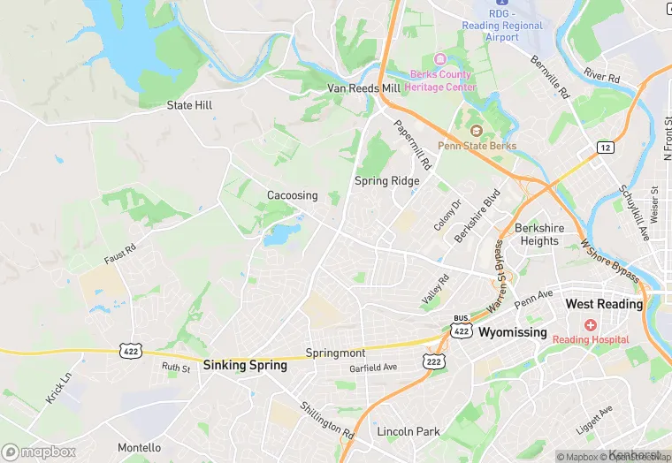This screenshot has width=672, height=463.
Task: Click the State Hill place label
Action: [x=189, y=105]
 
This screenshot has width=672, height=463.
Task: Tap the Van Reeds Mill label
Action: [x=363, y=88]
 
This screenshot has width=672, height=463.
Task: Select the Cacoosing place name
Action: [x=293, y=195]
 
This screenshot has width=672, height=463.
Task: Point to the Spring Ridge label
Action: [x=386, y=180]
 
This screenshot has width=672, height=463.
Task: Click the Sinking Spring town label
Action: [x=245, y=364]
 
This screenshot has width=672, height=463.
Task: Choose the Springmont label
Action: [x=335, y=352]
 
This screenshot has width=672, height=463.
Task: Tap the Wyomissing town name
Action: [x=513, y=333]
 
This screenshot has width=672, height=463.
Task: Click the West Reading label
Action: [x=604, y=304]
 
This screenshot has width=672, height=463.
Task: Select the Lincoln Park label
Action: [x=409, y=432]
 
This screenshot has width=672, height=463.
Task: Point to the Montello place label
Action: [x=140, y=448]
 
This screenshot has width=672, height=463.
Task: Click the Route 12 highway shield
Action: [x=605, y=147]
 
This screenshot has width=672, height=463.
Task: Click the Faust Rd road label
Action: [x=120, y=254]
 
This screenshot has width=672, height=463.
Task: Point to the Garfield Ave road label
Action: [x=372, y=368]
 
